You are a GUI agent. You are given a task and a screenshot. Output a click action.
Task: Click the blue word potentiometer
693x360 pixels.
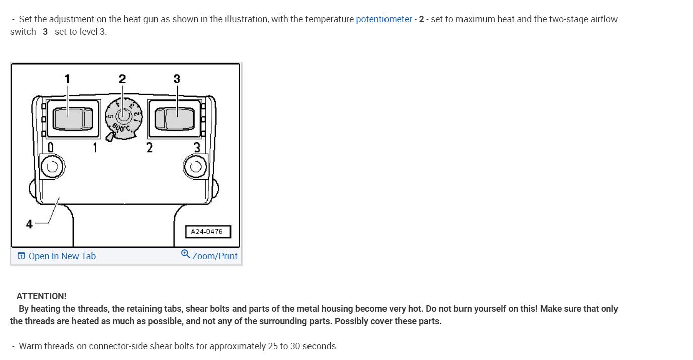383,19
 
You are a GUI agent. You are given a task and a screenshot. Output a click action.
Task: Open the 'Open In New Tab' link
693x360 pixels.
61,256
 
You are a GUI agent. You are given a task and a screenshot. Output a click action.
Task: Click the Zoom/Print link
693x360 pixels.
214,256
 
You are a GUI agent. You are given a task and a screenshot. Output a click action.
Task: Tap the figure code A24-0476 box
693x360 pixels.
208,232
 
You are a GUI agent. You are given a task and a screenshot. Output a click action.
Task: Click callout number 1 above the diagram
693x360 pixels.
67,79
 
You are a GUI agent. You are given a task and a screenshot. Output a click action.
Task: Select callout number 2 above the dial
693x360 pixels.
122,79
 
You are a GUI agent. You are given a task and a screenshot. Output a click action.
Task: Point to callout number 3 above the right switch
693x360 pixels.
177,79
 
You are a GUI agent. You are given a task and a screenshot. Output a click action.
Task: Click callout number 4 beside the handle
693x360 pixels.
29,224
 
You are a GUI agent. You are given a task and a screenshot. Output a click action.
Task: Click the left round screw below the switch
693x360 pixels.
52,167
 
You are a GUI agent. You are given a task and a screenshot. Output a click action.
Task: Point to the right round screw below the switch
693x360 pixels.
195,167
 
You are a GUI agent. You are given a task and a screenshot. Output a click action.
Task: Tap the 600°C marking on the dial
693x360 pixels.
121,128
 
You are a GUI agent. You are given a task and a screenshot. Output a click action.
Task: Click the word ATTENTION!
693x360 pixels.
41,296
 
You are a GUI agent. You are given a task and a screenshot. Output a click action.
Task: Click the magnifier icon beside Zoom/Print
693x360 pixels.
185,254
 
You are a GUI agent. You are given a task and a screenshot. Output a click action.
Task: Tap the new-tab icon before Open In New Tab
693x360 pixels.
21,256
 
